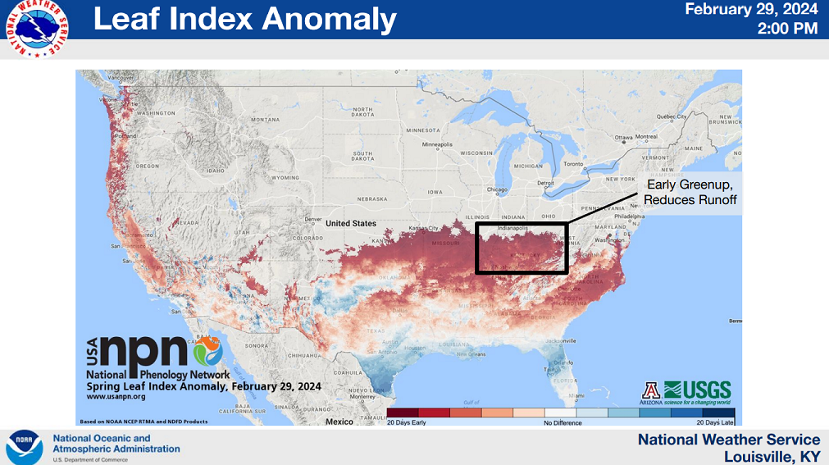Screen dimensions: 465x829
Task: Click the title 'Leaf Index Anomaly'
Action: point(244,19)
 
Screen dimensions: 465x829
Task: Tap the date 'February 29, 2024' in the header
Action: point(751,10)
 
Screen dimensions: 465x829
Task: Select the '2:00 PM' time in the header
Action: point(789,29)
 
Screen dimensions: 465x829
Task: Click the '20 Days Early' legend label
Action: point(408,422)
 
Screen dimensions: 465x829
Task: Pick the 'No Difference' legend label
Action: point(562,422)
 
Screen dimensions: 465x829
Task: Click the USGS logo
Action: point(697,390)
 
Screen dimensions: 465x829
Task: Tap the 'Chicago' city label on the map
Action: point(496,189)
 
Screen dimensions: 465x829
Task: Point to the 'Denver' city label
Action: point(312,220)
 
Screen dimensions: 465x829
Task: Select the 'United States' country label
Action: point(350,223)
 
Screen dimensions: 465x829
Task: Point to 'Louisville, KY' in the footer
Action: point(772,456)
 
